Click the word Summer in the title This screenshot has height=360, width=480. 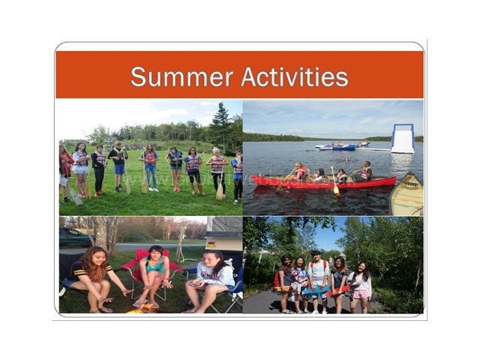point(181,76)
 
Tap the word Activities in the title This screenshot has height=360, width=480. point(295,76)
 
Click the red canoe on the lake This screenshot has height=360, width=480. point(324,181)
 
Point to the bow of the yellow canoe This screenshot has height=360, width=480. point(409,175)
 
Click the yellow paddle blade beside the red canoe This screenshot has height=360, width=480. point(336,190)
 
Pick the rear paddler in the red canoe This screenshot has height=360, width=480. point(365,171)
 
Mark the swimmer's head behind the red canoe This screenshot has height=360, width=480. point(346,160)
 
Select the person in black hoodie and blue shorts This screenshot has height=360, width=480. point(118,166)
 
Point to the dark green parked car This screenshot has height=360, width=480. point(75,237)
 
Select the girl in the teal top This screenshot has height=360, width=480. point(154,277)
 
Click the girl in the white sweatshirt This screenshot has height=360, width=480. point(211,282)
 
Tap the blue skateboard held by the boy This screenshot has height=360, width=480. point(316,290)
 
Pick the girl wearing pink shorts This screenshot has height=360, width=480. point(360,287)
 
